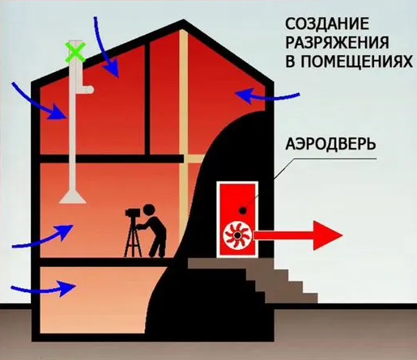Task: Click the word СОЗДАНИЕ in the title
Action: pos(327,24)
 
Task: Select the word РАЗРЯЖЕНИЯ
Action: pos(337,43)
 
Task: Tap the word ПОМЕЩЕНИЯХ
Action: pos(356,61)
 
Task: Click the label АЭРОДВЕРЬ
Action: pos(330,144)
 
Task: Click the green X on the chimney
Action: pos(75,52)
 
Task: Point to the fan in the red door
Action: pos(237,235)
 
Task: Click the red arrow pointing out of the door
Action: pos(298,235)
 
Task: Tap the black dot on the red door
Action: pos(243,210)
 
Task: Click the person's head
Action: pos(149,210)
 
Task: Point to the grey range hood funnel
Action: pos(73,196)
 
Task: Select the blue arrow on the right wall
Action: pos(267,96)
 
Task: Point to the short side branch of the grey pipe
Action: pos(87,90)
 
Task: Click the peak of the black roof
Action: pos(184,20)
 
